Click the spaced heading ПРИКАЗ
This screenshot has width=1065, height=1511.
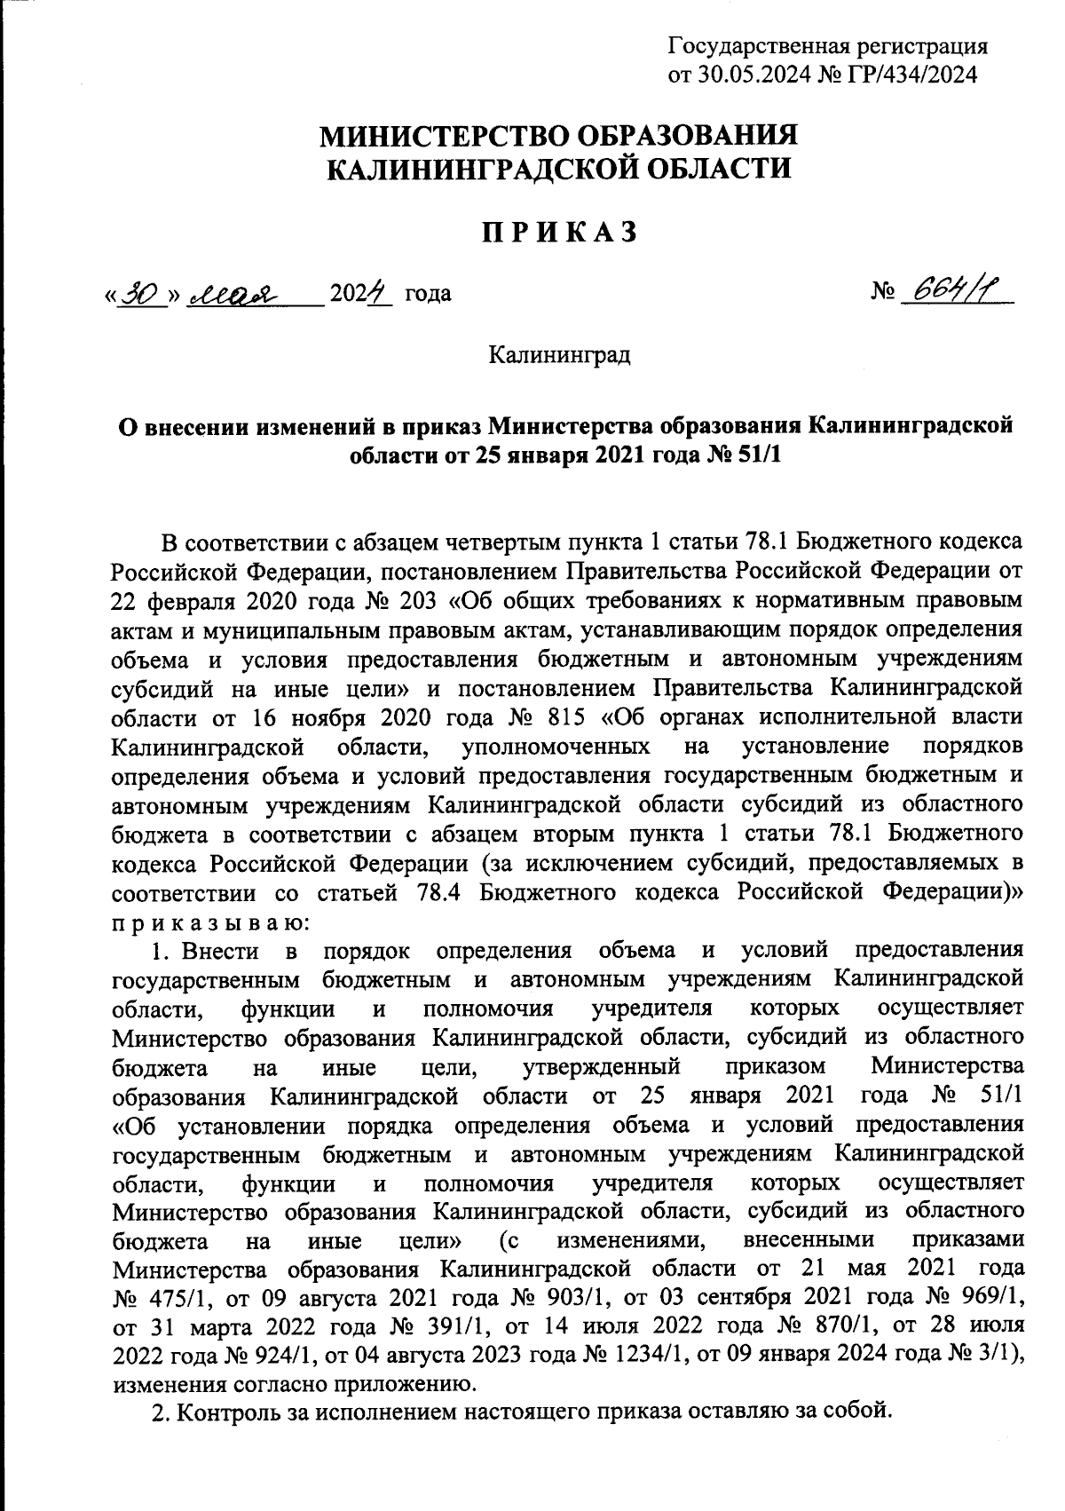[x=559, y=232]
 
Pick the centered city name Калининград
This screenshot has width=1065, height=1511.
[x=559, y=357]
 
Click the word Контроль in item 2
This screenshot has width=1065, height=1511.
[x=223, y=1412]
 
